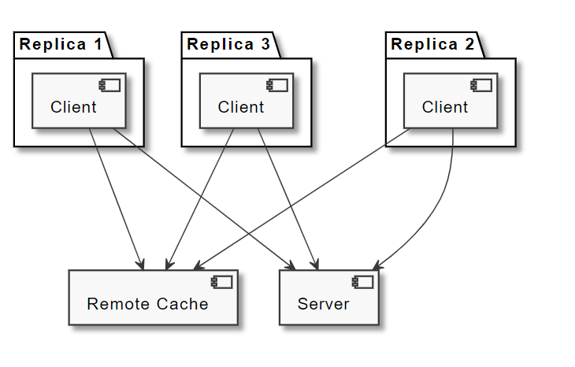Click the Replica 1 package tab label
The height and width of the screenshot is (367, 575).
[61, 44]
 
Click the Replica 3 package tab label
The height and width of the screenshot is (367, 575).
[228, 44]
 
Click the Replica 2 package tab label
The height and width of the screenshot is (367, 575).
[432, 44]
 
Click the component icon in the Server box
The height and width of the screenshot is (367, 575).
[363, 282]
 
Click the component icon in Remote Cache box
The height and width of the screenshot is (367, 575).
[222, 282]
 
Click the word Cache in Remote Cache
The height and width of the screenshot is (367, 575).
[185, 304]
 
